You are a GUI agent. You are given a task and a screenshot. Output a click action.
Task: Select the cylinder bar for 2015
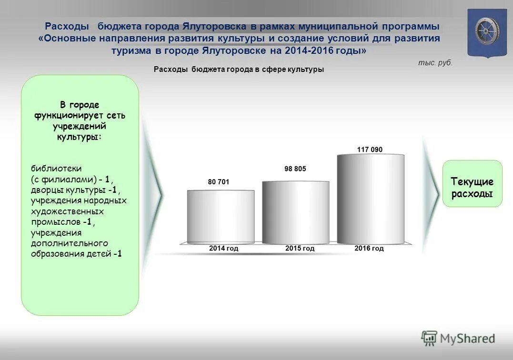coord(295,212)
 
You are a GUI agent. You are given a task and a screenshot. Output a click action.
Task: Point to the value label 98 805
coord(295,169)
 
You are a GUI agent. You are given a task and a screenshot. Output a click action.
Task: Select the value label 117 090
coord(370,150)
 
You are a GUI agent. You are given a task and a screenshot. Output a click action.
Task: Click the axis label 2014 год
coord(223,249)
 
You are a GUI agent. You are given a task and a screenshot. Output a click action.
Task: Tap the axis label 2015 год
coord(300,249)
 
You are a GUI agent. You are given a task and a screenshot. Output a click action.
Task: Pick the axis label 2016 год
coord(369,249)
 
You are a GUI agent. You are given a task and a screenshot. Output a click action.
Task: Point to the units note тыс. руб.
coord(435,63)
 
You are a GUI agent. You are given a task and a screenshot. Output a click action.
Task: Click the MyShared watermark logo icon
coord(429,338)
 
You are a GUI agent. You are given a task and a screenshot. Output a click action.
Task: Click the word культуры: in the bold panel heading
coord(80,136)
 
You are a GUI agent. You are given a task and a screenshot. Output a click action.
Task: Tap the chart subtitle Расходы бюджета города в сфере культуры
coord(239,70)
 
